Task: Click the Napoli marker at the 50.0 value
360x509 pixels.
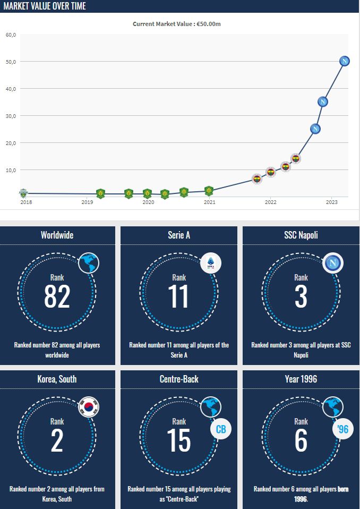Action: point(345,61)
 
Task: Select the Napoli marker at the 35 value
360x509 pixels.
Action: point(322,101)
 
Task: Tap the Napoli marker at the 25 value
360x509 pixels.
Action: point(315,129)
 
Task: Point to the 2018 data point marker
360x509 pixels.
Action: point(22,193)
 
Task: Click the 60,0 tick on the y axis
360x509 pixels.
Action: point(11,35)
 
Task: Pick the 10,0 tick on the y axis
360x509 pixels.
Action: point(11,171)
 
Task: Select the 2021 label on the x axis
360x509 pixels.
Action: point(210,202)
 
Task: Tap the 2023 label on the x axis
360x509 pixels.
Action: point(331,202)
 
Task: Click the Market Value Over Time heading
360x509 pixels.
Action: point(45,6)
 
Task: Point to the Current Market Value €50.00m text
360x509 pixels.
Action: point(180,24)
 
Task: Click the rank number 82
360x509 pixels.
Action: point(57,296)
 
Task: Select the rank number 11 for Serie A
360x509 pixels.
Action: point(179,296)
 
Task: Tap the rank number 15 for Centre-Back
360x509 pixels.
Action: point(179,440)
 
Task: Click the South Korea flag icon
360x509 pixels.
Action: point(89,408)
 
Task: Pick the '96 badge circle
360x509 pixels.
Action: point(343,429)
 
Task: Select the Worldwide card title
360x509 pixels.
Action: point(57,235)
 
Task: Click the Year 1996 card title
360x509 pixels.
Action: point(301,379)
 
